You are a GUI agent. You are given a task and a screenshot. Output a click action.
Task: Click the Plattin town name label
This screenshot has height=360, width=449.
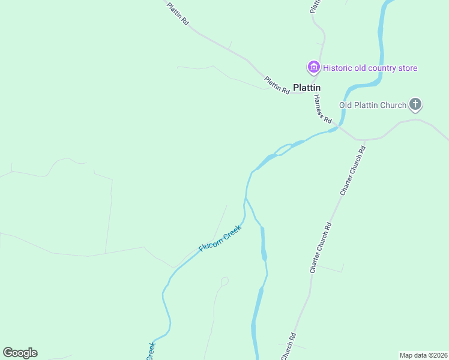pyautogui.click(x=307, y=87)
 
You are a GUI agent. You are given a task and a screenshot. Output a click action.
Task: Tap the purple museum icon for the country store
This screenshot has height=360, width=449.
pyautogui.click(x=313, y=68)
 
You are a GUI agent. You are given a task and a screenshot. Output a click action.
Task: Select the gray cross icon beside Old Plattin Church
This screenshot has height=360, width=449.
pyautogui.click(x=415, y=105)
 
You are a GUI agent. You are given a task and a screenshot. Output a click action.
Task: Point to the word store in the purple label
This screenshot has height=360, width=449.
pyautogui.click(x=407, y=68)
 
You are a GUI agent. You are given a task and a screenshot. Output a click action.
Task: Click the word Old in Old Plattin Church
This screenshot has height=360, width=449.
pyautogui.click(x=346, y=106)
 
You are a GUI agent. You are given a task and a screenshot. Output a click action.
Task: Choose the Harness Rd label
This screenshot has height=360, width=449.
pyautogui.click(x=322, y=110)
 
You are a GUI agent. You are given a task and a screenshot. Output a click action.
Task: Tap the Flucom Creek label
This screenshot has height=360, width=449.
pyautogui.click(x=220, y=239)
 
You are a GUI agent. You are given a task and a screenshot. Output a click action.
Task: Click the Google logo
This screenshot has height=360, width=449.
pyautogui.click(x=20, y=353)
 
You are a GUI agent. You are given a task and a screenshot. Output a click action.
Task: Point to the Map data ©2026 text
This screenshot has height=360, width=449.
pyautogui.click(x=423, y=355)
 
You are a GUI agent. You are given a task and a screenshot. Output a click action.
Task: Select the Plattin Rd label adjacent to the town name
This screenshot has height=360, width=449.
pyautogui.click(x=277, y=85)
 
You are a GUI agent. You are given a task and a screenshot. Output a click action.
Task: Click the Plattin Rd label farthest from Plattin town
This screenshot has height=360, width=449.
pyautogui.click(x=178, y=13)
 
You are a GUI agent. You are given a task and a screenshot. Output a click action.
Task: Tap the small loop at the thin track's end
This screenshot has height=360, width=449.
pyautogui.click(x=225, y=280)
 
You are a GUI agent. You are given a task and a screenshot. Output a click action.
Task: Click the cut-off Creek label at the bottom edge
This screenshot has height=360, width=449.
pyautogui.click(x=151, y=351)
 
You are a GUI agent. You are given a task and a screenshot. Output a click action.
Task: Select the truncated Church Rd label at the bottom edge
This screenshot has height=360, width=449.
pyautogui.click(x=289, y=346)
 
